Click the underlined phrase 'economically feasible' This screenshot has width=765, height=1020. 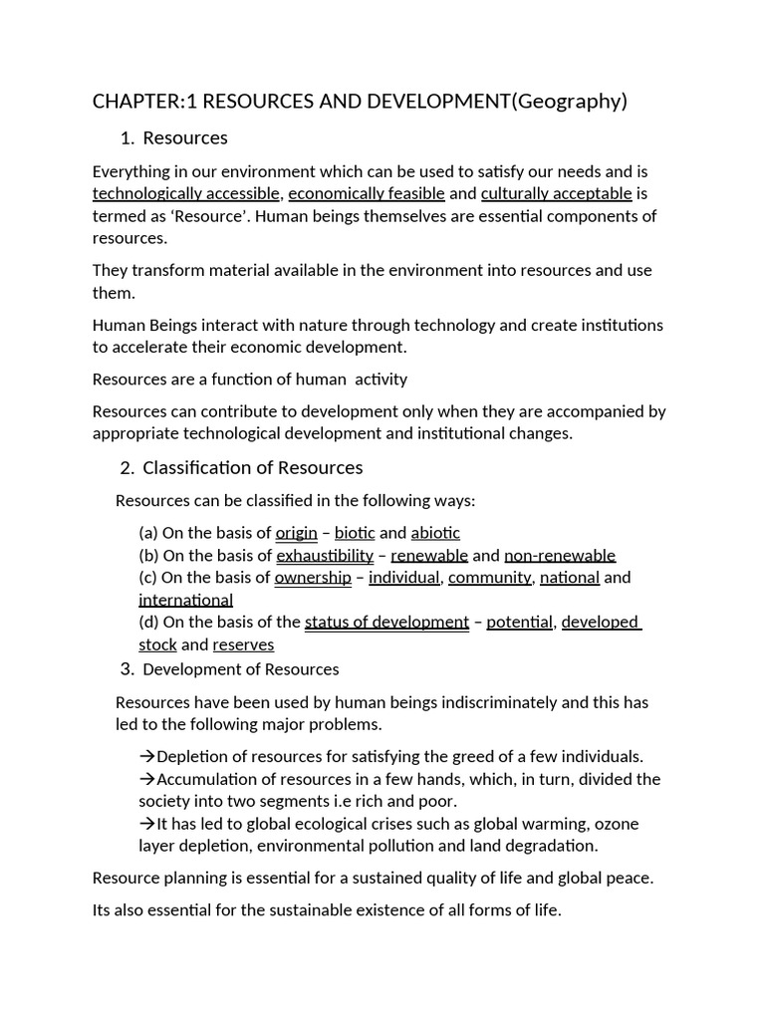(367, 193)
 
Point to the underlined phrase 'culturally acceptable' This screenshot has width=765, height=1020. (556, 193)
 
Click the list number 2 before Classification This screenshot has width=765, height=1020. (127, 468)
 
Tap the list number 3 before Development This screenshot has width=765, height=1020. (127, 668)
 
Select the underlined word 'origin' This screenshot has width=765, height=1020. (296, 533)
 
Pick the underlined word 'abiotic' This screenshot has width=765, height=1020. (435, 533)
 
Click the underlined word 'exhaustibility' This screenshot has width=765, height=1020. (325, 556)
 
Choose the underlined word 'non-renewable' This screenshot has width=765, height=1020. (560, 556)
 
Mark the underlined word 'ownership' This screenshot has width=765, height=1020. (313, 578)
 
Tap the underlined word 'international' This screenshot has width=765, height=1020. (185, 600)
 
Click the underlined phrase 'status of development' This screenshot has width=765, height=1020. (386, 623)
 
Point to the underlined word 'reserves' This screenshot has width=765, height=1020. (243, 644)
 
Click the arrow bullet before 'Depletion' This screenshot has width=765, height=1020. (146, 756)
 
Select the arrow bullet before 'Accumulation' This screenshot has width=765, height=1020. (146, 779)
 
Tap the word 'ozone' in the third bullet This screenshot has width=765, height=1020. (619, 824)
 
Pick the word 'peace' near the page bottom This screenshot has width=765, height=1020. (630, 878)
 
